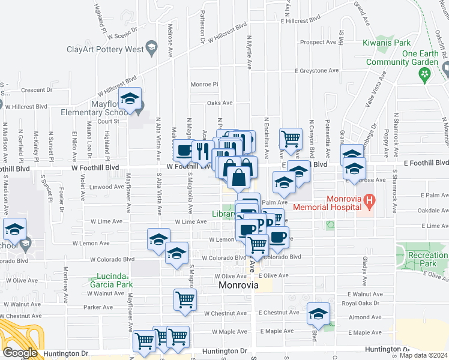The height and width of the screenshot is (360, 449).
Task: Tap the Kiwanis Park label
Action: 387,43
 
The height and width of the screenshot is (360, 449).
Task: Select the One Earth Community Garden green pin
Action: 426,74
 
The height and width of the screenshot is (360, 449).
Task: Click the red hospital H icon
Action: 370,200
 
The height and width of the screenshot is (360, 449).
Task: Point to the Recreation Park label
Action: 427,259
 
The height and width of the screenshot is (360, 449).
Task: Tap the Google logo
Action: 20,353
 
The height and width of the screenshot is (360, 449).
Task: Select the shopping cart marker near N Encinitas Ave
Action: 291,138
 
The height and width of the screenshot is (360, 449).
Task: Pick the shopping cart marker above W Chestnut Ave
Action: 185,299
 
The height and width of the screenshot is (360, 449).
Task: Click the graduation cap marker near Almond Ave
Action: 318,313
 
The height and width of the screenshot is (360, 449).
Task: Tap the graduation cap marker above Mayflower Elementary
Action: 130,100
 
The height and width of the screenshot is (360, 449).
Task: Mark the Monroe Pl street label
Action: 204,85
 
